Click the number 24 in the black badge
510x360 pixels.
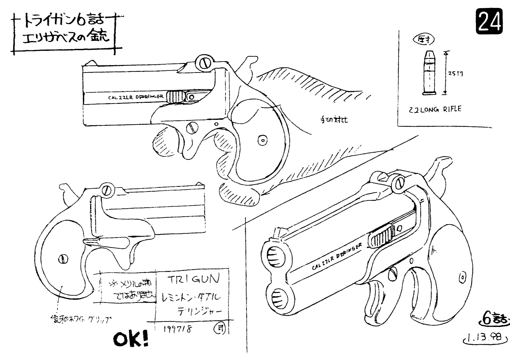[488, 22]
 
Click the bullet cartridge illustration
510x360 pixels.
[428, 73]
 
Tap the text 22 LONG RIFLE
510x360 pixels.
[435, 110]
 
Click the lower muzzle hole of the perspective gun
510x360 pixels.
[279, 297]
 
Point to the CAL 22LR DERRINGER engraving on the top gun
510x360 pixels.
[135, 97]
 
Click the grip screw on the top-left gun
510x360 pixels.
[263, 140]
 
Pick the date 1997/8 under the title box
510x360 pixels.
[178, 328]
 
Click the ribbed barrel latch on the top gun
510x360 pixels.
[175, 96]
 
